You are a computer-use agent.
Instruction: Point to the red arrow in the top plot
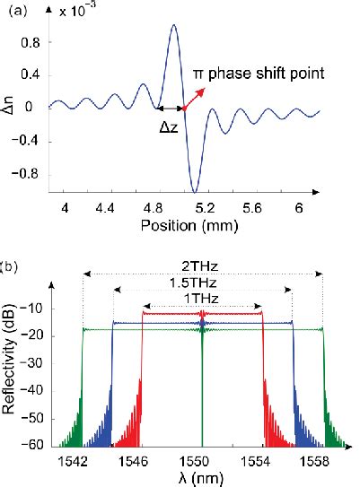click(x=193, y=100)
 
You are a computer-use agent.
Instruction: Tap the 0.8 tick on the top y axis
click(x=33, y=41)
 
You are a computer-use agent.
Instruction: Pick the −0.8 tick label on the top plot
click(x=30, y=172)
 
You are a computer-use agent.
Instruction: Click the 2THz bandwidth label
click(x=202, y=266)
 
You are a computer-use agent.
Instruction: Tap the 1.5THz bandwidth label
click(x=202, y=283)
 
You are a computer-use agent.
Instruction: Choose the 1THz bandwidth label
click(x=202, y=298)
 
